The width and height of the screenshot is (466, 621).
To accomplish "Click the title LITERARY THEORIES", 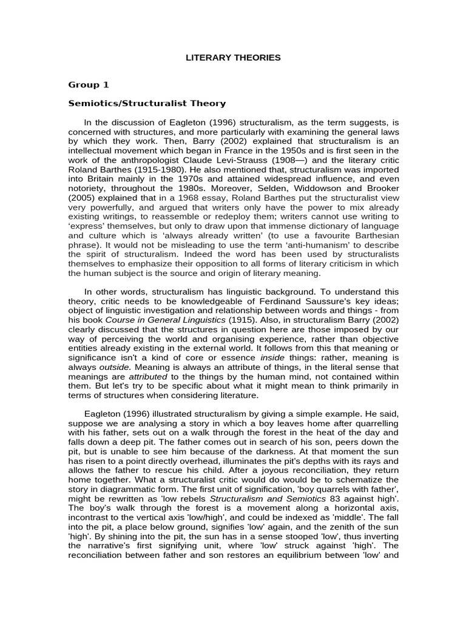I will [x=233, y=58].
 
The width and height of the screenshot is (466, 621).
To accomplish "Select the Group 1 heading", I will [x=88, y=85].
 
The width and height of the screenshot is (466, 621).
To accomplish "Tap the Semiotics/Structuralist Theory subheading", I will [x=147, y=104].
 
